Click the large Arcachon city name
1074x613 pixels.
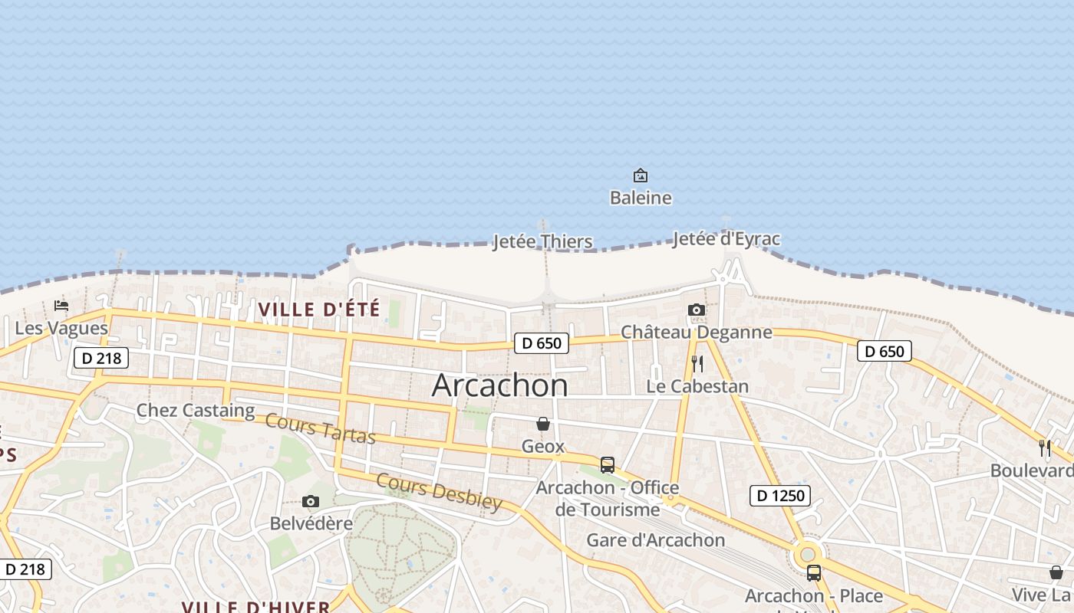coord(499,385)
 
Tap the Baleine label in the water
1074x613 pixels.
coord(641,198)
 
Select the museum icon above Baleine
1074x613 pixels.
coord(641,176)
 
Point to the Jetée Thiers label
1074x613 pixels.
coord(542,242)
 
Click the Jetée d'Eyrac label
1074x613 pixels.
coord(726,239)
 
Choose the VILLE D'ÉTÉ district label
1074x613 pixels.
coord(319,310)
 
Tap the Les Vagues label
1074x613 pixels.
coord(61,329)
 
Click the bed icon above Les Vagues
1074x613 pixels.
coord(61,306)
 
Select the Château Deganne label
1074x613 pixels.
coord(696,332)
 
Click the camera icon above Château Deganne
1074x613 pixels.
coord(697,310)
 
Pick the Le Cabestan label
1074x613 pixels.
coord(697,386)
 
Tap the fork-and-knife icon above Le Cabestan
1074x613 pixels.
coord(697,363)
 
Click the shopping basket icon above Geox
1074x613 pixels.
coord(543,424)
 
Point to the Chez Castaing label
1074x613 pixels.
coord(196,411)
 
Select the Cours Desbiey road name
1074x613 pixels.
coord(439,491)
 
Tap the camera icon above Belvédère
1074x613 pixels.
coord(311,502)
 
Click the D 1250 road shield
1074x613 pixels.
coord(781,496)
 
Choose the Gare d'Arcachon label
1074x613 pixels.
coord(655,540)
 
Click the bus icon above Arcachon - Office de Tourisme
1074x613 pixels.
coord(608,465)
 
